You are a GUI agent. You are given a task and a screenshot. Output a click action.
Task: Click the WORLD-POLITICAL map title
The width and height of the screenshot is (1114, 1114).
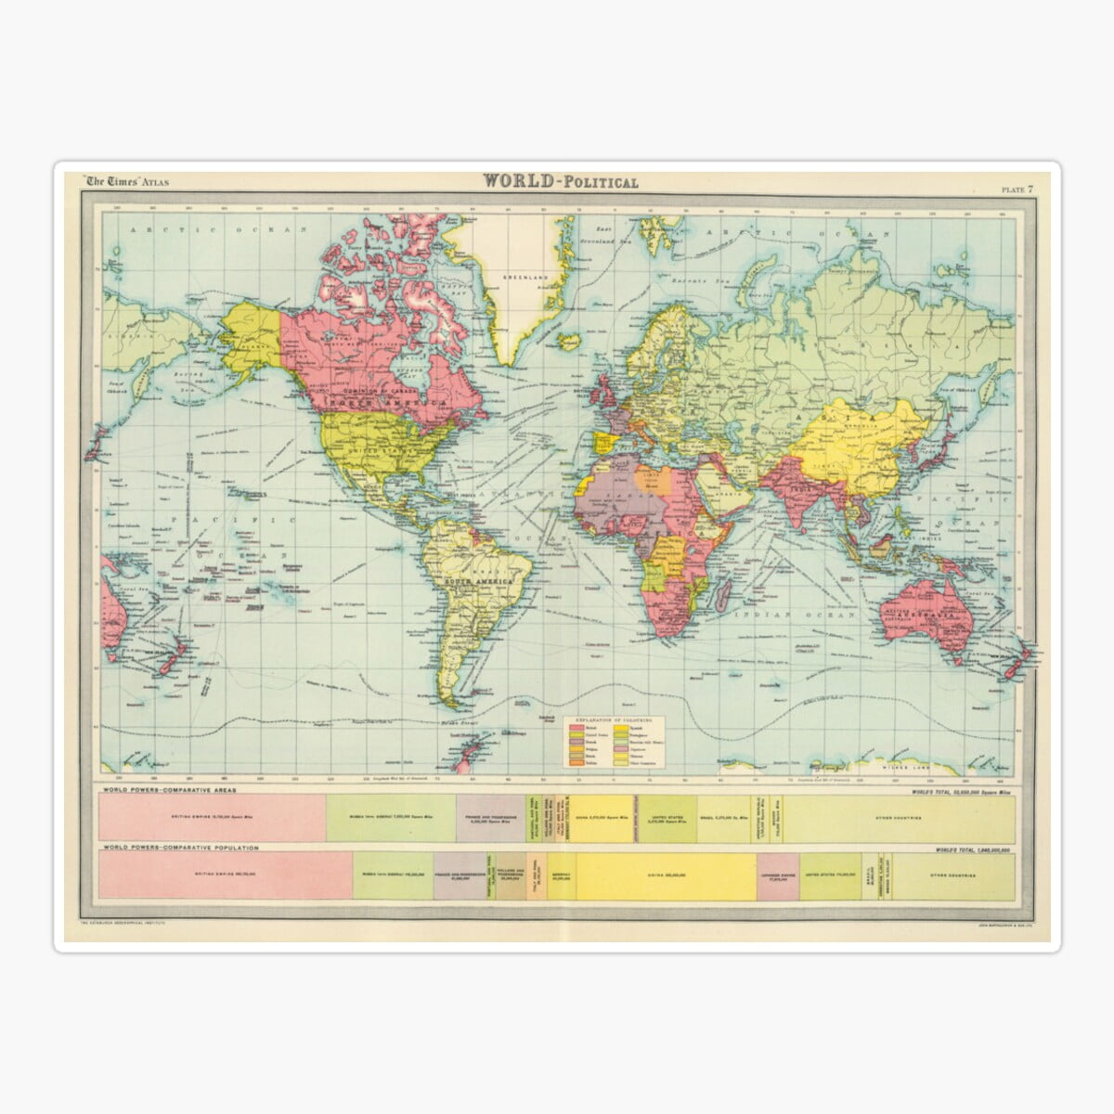pyautogui.click(x=560, y=181)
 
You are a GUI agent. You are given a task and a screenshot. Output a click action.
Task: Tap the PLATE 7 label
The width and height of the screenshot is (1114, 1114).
pyautogui.click(x=1017, y=189)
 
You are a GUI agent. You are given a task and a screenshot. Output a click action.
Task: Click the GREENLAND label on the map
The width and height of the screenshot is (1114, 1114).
pyautogui.click(x=516, y=278)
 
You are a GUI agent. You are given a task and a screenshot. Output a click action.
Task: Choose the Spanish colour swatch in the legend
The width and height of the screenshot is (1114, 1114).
pyautogui.click(x=643, y=730)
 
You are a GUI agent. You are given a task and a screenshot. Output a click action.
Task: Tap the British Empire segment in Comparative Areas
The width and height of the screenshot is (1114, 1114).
pyautogui.click(x=212, y=818)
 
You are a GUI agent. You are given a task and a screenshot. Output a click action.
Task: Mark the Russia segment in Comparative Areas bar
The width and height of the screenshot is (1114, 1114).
pyautogui.click(x=390, y=818)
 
